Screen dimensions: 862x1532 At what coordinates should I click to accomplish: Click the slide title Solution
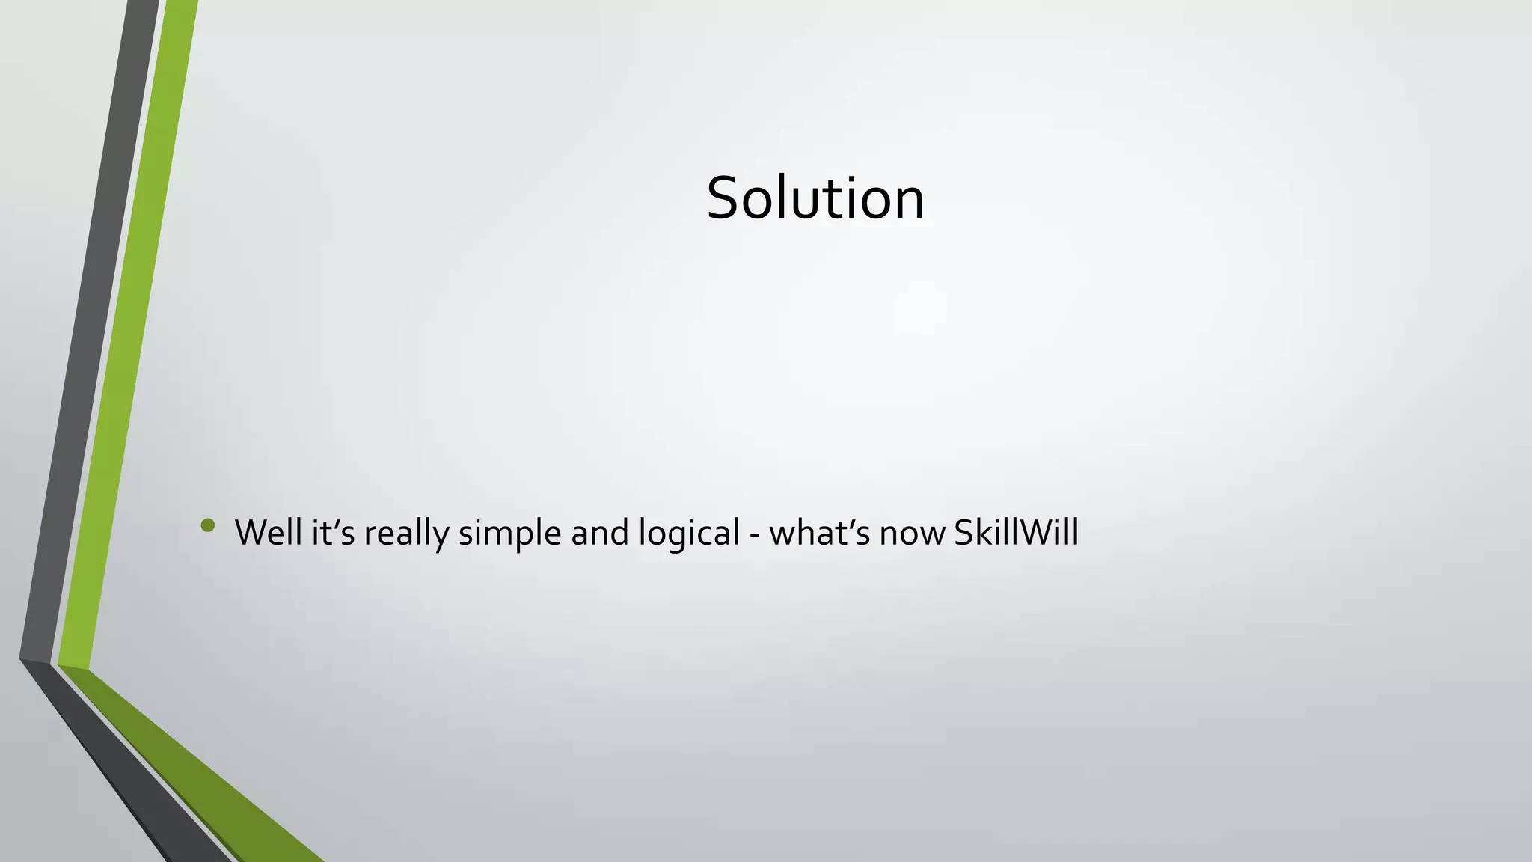click(x=815, y=198)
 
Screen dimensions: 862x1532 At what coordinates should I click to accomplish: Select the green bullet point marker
click(x=208, y=526)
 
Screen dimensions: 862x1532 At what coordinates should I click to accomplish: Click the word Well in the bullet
click(x=268, y=533)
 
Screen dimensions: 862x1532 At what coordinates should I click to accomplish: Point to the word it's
click(x=333, y=533)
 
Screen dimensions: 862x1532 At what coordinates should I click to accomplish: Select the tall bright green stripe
click(x=127, y=337)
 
